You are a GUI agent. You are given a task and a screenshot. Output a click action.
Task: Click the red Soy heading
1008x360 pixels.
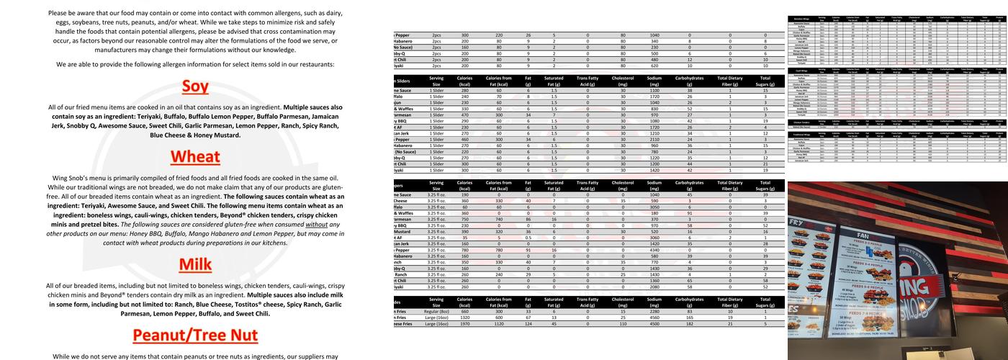(195, 87)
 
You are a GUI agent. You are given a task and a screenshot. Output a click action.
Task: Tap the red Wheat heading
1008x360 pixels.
(195, 157)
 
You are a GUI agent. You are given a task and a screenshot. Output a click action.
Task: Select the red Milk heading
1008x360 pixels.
(195, 265)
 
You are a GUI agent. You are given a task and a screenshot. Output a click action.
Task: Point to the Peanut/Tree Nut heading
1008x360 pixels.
(195, 335)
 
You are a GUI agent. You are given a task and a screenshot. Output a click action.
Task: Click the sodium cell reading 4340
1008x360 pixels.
(654, 250)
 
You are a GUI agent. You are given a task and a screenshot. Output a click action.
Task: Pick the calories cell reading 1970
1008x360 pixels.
(465, 324)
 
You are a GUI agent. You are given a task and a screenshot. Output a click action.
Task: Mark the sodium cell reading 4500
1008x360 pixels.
(654, 324)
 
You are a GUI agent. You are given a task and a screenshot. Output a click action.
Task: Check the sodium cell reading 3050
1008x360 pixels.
(654, 207)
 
